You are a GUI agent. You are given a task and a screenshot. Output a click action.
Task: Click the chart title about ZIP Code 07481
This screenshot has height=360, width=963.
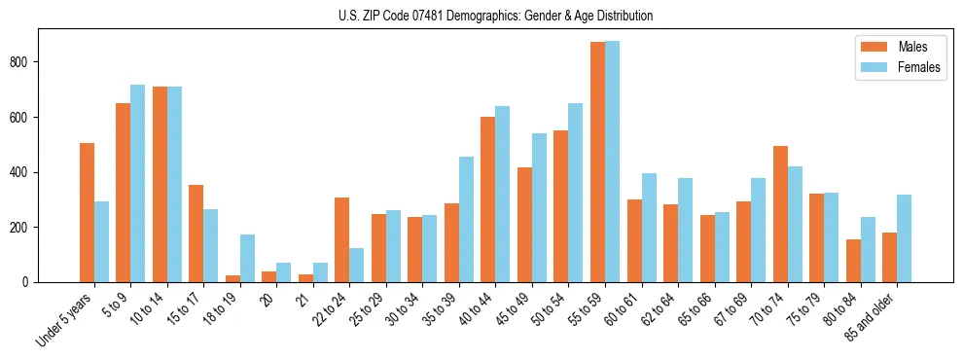[481, 17]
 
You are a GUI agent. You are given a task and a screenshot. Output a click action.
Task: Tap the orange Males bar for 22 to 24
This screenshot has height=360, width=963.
[342, 239]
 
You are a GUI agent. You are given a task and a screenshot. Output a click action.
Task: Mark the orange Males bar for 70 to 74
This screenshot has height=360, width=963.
[780, 214]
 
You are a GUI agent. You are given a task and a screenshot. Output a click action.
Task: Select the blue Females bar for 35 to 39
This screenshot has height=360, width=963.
[467, 219]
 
